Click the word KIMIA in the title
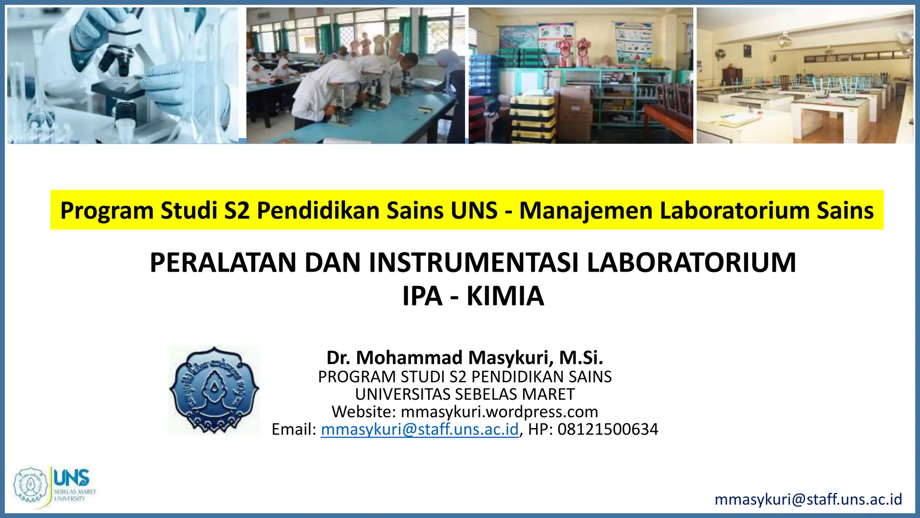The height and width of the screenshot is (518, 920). pos(505,296)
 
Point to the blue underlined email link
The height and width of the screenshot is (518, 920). pos(420,429)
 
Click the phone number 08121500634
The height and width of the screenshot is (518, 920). pos(608,429)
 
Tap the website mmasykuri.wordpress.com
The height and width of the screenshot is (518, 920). pos(499,412)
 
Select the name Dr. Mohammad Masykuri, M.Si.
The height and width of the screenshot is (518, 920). pos(464,357)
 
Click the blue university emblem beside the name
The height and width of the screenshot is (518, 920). pos(214,390)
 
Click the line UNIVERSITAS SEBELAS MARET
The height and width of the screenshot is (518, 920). pos(464,394)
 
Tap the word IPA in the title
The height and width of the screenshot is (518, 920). pos(422,296)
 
